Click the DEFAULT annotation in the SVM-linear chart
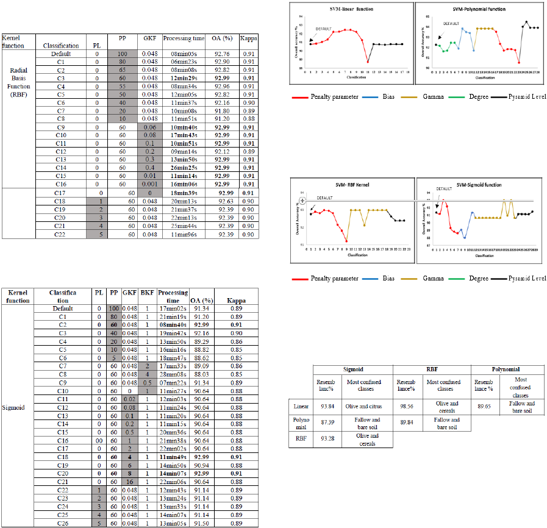click(324, 29)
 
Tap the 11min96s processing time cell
click(183, 234)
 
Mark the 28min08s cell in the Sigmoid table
click(173, 374)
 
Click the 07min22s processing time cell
click(173, 382)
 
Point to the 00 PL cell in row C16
click(99, 440)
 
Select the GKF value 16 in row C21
click(129, 482)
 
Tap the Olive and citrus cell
click(363, 405)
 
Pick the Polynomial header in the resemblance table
click(505, 369)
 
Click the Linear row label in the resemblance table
click(298, 405)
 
